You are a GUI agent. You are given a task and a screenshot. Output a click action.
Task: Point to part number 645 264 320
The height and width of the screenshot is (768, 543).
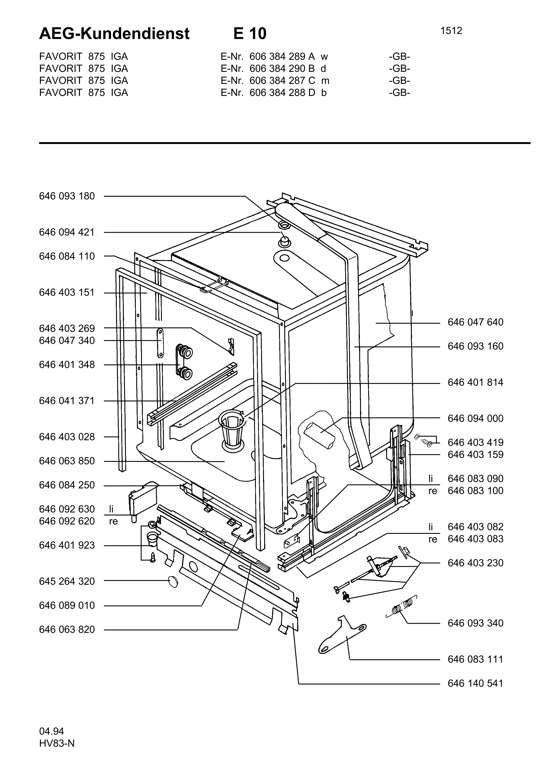(x=67, y=581)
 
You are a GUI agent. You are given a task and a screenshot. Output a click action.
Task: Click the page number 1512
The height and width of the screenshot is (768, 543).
(x=451, y=31)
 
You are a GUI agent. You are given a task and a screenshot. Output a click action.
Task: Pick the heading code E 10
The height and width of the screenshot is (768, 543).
(x=250, y=33)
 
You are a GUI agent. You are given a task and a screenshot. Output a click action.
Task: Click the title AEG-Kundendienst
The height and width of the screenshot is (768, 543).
(x=114, y=33)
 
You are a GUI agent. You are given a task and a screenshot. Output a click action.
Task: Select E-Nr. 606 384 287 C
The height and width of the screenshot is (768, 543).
(x=268, y=81)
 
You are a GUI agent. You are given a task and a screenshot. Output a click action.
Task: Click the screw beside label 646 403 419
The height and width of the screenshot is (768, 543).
(x=427, y=442)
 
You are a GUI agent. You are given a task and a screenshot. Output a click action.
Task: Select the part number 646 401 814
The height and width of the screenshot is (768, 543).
(x=475, y=382)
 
